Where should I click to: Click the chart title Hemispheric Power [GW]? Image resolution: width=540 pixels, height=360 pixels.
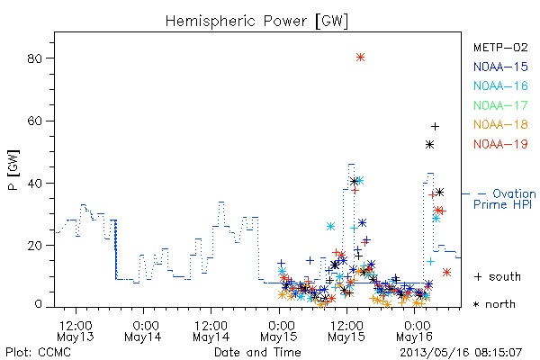coord(256,22)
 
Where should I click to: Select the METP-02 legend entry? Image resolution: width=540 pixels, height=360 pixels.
coord(500,47)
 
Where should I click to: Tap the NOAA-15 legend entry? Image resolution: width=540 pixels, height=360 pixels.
coord(500,67)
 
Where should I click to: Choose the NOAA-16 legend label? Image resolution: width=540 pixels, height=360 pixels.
coord(500,85)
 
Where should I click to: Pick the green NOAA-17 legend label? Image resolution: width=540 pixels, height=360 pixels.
coord(500,105)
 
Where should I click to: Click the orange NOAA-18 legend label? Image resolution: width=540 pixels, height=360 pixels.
coord(500,124)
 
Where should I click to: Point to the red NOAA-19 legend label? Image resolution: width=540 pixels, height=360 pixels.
coord(500,144)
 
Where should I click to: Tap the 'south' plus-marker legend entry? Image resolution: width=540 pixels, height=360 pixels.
coord(498,276)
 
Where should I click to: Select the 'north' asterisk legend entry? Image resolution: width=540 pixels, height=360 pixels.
coord(494,304)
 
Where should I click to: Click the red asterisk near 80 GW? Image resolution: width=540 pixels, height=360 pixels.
coord(360,58)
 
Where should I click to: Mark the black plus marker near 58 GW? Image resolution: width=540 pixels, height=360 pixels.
coord(435,127)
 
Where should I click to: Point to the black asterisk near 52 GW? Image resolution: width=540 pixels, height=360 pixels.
coord(429,145)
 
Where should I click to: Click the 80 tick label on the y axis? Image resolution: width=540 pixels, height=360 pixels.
coord(34,58)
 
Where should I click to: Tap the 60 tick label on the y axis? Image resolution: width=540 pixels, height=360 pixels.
coord(34,121)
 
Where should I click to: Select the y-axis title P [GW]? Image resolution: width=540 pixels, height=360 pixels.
coord(13,170)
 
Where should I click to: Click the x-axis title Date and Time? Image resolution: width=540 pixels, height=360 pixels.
coord(257,353)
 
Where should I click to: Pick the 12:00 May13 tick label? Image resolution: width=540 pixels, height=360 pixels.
coord(76,331)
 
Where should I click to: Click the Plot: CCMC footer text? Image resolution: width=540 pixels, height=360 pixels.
coord(38,353)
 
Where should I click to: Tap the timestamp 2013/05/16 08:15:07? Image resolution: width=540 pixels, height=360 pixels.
coord(461,353)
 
